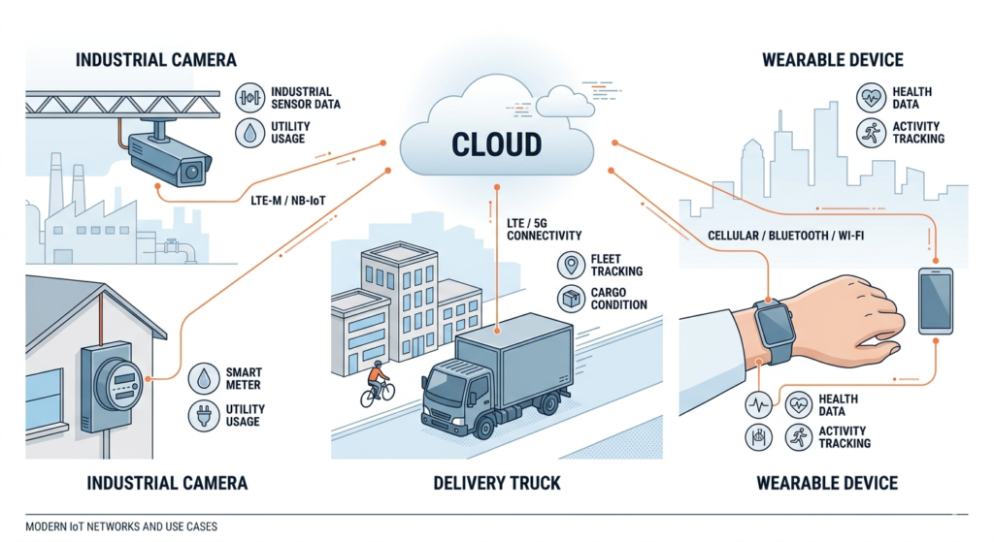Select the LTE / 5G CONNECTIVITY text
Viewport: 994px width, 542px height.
544,230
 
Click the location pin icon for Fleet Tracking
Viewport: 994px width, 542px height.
570,265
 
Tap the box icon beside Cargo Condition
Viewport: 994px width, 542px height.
570,299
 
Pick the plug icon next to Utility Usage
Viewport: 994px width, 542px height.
203,416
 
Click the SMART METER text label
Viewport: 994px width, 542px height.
243,378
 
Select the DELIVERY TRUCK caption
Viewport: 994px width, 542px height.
497,482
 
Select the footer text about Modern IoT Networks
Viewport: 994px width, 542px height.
121,526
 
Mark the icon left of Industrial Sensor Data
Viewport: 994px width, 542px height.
251,98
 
